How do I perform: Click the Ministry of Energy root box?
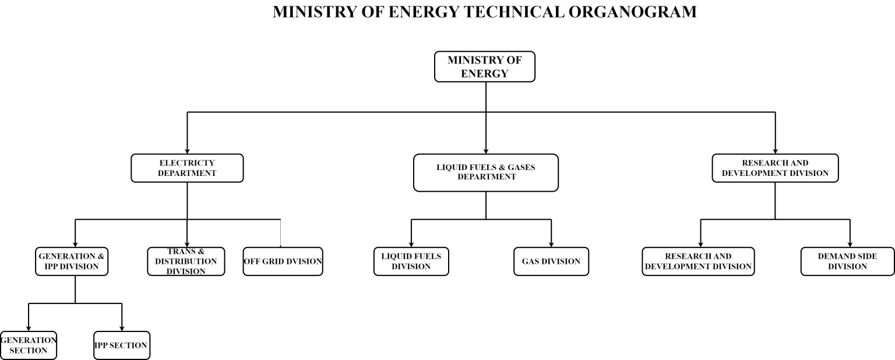(x=485, y=67)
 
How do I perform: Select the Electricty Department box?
(x=187, y=168)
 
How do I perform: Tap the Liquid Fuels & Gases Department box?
(x=486, y=172)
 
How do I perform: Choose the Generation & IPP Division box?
(x=72, y=262)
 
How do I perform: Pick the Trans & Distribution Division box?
(x=186, y=262)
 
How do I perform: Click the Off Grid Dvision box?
(x=283, y=262)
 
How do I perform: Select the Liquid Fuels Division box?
(x=411, y=262)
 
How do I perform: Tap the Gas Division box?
(x=551, y=262)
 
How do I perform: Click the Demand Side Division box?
(x=847, y=262)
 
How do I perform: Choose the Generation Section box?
(x=29, y=345)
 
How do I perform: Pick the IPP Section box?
(x=122, y=345)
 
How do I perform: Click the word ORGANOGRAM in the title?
(x=632, y=12)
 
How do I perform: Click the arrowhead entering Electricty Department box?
(x=187, y=151)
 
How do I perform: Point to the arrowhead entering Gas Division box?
(x=551, y=245)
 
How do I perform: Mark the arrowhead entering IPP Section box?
(x=122, y=329)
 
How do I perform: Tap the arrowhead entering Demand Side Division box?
(x=850, y=245)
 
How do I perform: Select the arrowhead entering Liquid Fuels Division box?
(x=411, y=245)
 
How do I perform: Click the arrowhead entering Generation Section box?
(x=29, y=329)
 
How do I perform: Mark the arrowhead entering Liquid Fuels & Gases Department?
(x=486, y=151)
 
